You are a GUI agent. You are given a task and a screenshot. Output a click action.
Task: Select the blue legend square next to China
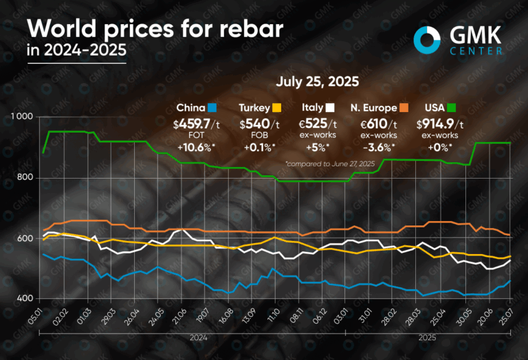[x=212, y=108]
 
